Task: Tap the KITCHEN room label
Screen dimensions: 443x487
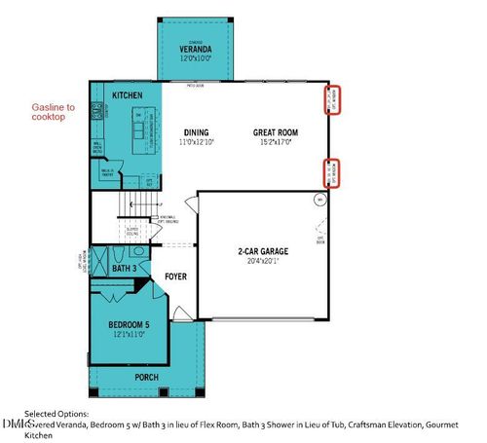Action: (x=128, y=95)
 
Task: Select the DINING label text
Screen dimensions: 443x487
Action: (x=199, y=132)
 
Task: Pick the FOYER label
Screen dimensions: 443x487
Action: (x=175, y=277)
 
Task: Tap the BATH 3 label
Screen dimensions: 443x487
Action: (x=124, y=268)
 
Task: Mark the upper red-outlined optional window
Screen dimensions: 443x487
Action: (x=332, y=101)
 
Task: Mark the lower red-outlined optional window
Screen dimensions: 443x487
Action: (x=332, y=172)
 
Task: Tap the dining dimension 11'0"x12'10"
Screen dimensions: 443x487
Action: (x=199, y=142)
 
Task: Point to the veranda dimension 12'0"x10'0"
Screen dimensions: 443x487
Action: (x=196, y=58)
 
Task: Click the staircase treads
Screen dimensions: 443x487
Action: (x=141, y=205)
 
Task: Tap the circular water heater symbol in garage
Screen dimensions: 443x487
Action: (x=318, y=201)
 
